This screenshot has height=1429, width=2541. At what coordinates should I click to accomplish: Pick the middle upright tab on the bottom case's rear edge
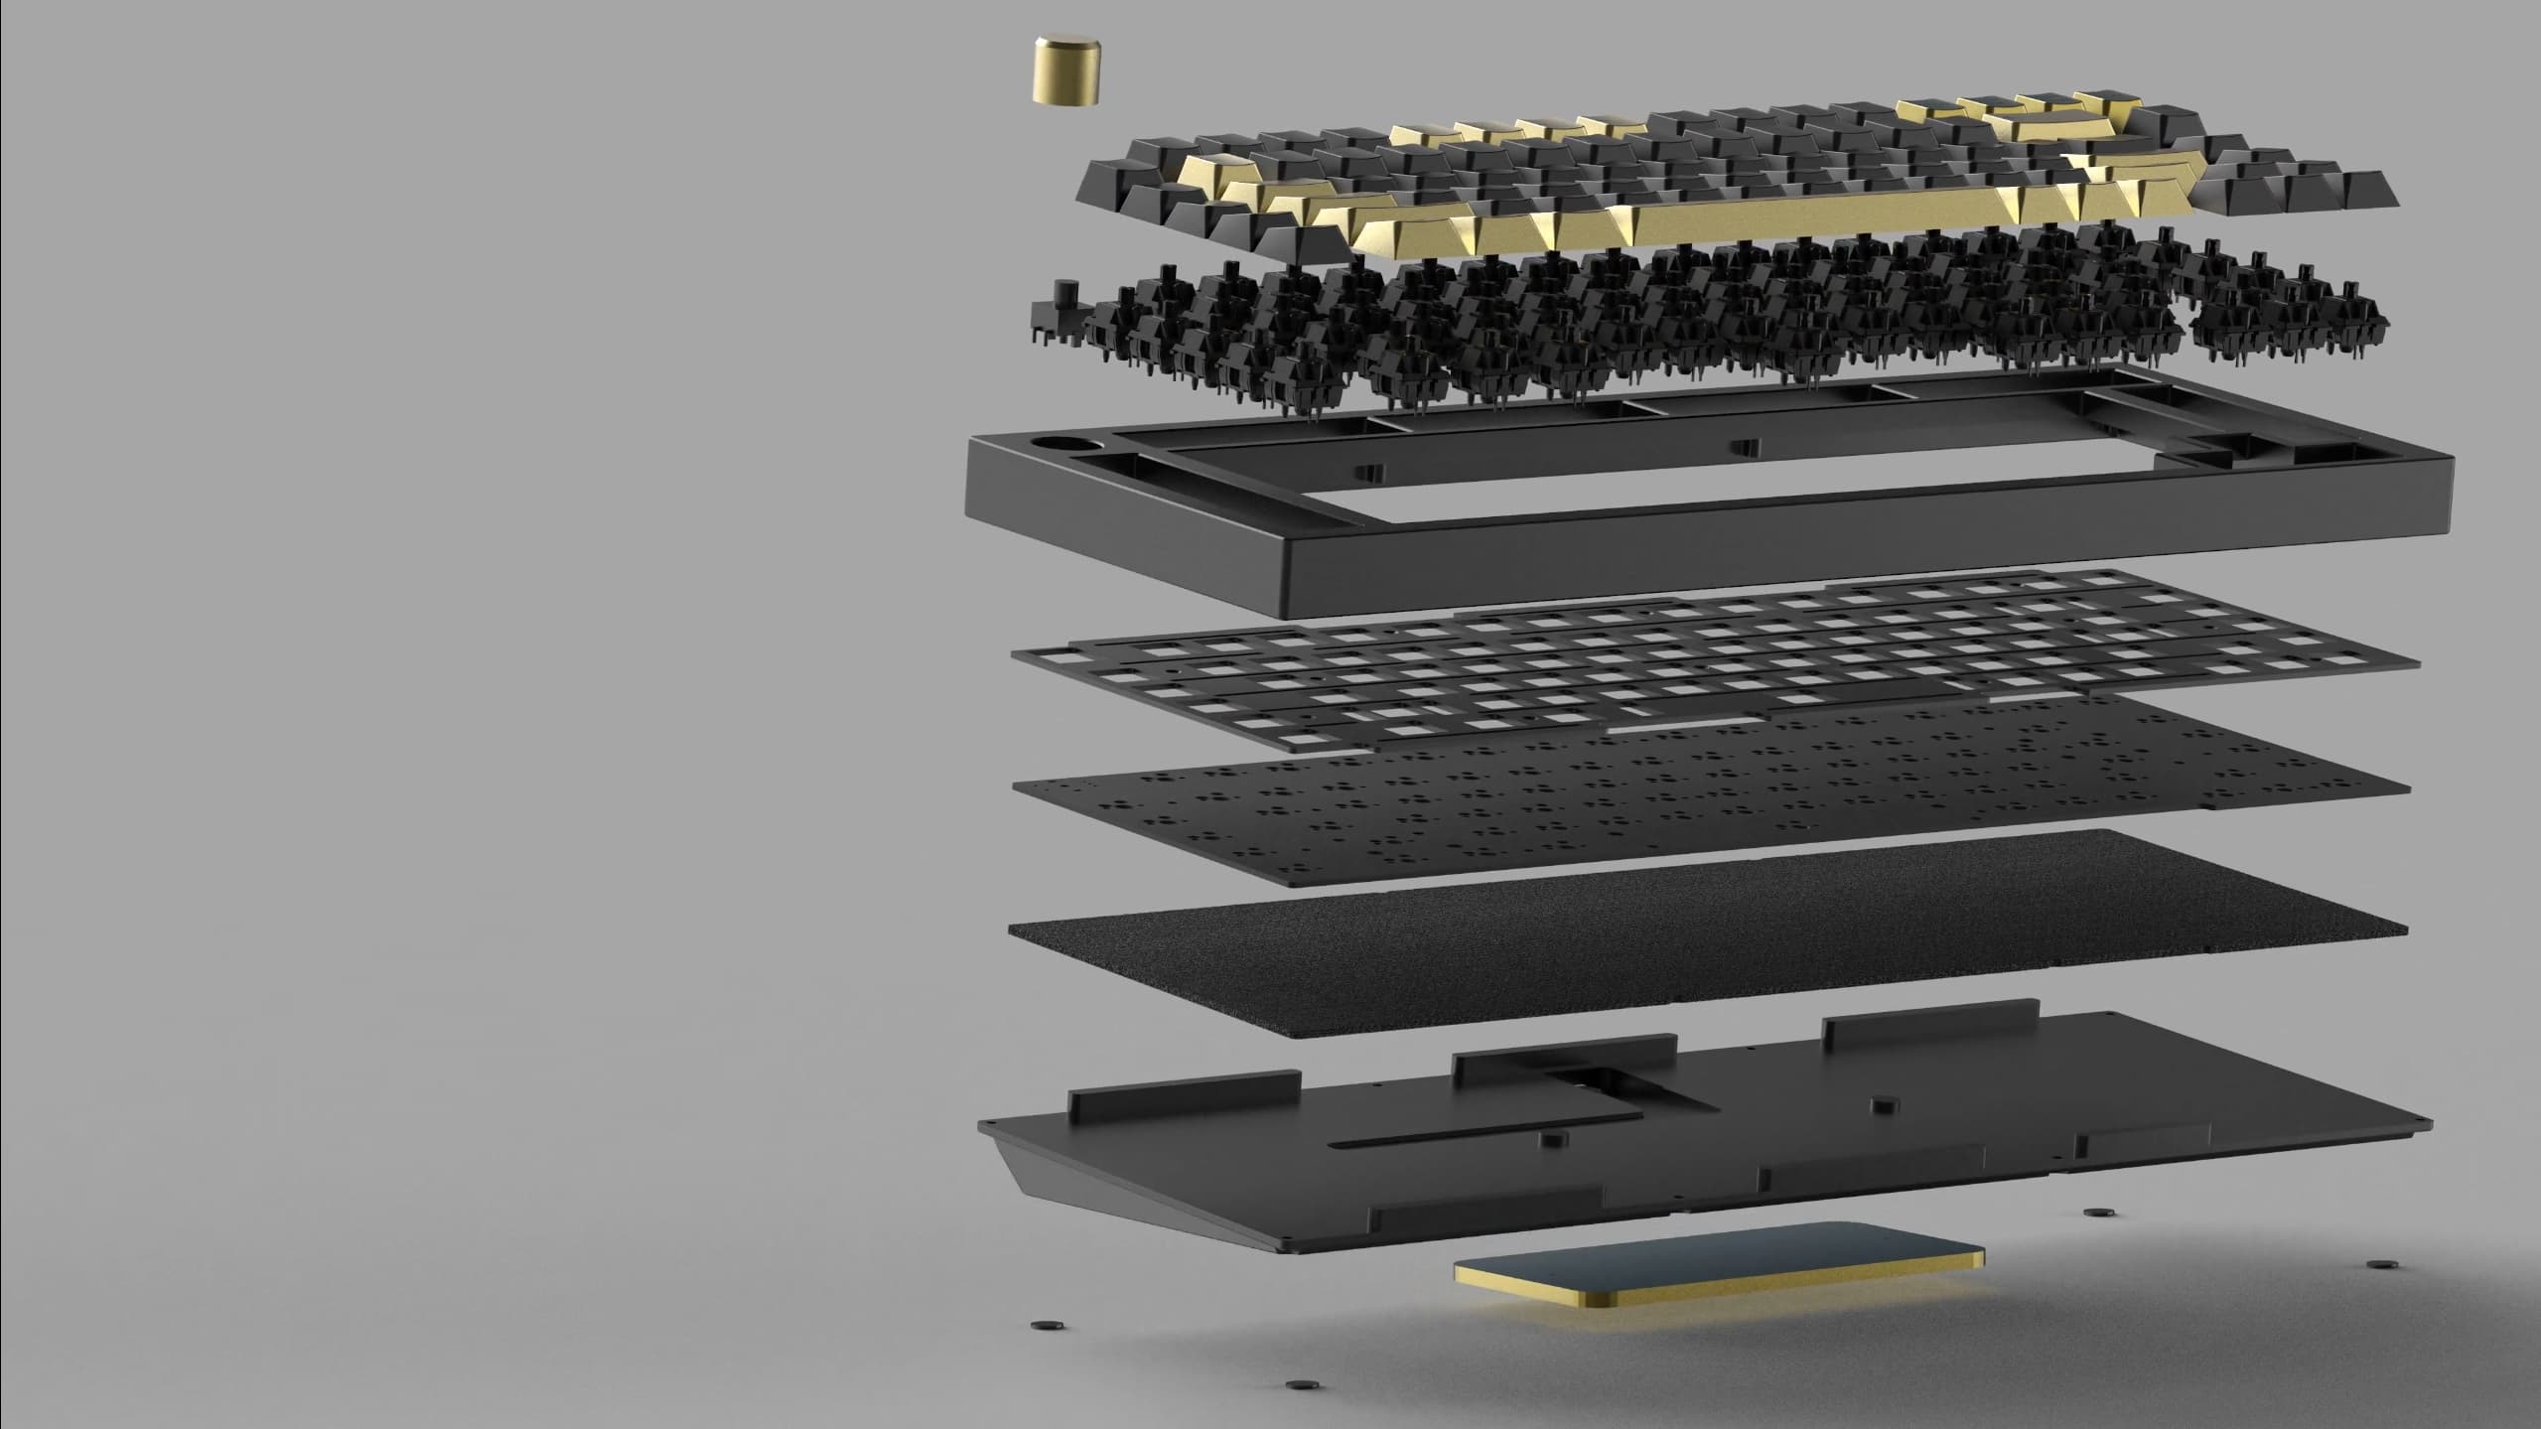[1564, 1056]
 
